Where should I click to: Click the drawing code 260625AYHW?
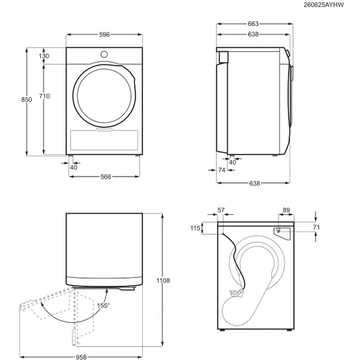pos(323,5)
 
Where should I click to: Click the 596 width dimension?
pos(104,34)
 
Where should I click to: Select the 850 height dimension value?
pos(27,99)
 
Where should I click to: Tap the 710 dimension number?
pos(44,96)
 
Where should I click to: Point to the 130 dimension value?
pos(44,56)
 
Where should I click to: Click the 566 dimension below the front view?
pos(106,177)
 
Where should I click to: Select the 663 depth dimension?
pos(253,23)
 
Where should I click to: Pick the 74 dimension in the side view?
pos(221,170)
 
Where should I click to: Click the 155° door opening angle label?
pos(103,306)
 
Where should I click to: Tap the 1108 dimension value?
pos(163,281)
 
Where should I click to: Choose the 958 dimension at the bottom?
pos(81,357)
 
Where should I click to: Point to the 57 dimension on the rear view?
pos(221,210)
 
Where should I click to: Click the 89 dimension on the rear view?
pos(286,210)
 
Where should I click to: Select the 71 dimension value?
pos(316,227)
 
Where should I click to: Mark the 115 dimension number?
pos(195,229)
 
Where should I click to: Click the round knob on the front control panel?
pos(104,55)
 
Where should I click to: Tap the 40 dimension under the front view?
pos(73,168)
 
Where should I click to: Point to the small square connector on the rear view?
pos(278,230)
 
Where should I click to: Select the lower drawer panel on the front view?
pos(104,140)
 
